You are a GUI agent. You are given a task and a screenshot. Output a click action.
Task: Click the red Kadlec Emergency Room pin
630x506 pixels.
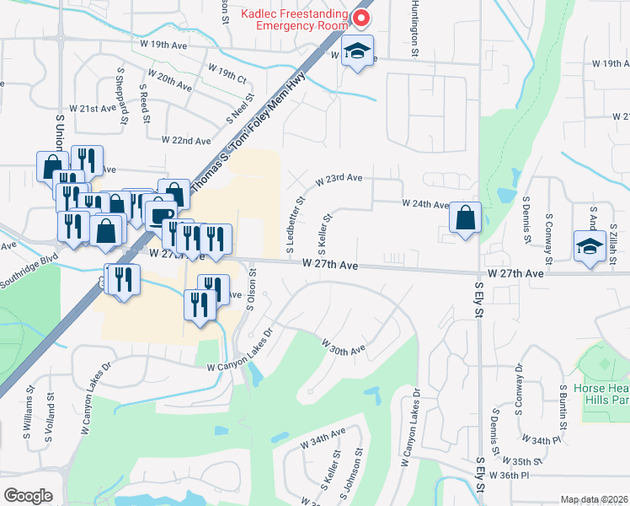point(362,18)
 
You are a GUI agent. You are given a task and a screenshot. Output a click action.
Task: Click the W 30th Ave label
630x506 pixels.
point(343,345)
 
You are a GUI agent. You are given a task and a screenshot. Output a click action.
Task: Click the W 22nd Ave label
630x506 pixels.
point(185,140)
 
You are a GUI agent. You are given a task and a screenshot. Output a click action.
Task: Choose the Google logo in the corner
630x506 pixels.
point(28,495)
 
